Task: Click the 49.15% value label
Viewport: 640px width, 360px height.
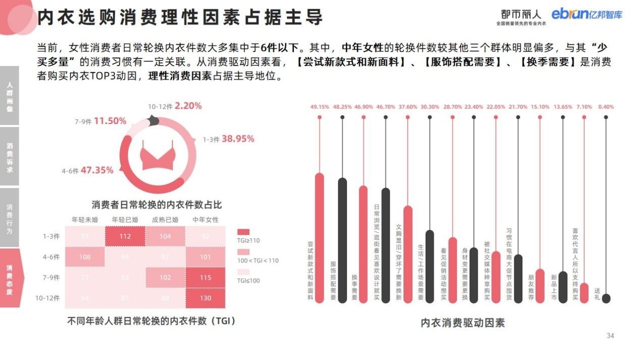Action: tap(319, 107)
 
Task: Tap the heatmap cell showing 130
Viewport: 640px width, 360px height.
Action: tap(205, 298)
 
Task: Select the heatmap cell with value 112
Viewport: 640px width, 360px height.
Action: tap(125, 236)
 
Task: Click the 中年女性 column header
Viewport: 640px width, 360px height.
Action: tap(205, 220)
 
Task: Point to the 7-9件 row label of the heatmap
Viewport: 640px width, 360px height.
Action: tap(51, 278)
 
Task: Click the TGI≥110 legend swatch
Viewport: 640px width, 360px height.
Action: tap(244, 232)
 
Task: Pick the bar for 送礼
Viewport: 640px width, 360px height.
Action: tap(606, 298)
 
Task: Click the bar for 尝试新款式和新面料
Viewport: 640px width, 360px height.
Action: tap(319, 237)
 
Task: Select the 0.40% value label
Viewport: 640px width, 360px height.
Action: tap(606, 107)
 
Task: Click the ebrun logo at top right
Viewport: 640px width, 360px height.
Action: tap(587, 15)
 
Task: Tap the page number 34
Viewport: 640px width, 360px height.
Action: tap(610, 336)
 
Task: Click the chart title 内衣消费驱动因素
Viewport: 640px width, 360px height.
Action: tap(462, 323)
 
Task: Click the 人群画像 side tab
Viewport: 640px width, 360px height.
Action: tap(10, 96)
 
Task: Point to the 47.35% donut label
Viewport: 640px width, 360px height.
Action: tap(97, 170)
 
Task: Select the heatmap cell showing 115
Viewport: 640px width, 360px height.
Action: tap(205, 278)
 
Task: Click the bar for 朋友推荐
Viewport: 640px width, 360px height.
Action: tap(540, 285)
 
